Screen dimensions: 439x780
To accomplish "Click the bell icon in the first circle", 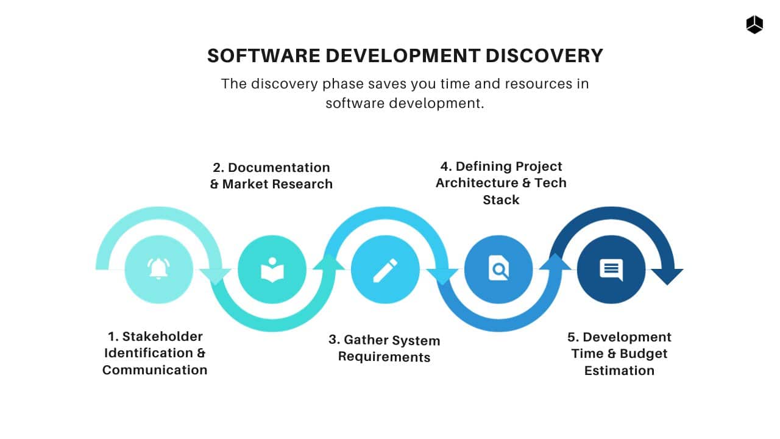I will [x=158, y=268].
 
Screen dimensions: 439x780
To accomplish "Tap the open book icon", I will [x=272, y=269].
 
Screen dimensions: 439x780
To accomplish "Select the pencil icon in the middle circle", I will [x=385, y=269].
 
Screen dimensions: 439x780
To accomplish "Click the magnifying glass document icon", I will [x=498, y=268].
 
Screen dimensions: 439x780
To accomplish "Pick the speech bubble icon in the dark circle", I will [x=611, y=269].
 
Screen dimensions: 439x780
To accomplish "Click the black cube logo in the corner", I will [x=754, y=24].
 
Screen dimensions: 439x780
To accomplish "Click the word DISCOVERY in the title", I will [x=544, y=55].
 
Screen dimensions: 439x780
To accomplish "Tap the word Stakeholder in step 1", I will [x=163, y=336].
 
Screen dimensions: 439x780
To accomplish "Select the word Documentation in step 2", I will [x=279, y=167].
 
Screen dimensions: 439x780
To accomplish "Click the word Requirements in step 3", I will [x=384, y=357].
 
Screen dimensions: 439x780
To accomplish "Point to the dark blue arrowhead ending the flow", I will [x=668, y=276].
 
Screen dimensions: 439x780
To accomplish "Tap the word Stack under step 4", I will [x=501, y=200].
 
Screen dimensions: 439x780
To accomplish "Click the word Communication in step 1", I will [x=155, y=369].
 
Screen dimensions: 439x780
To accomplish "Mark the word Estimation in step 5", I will [x=619, y=370].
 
